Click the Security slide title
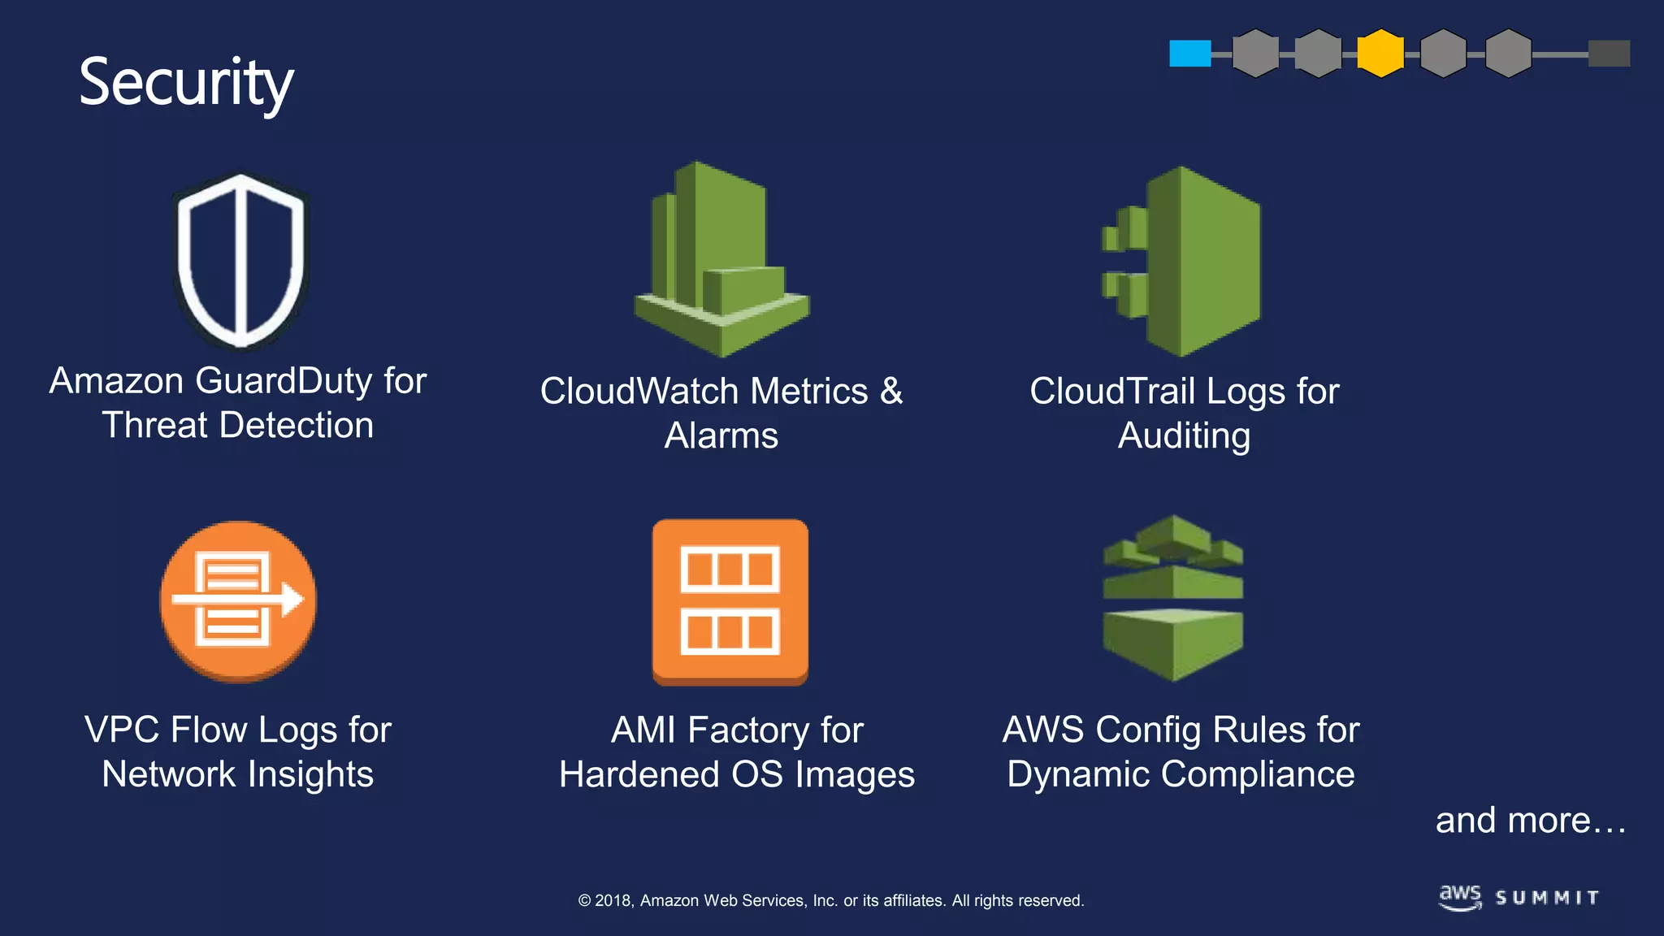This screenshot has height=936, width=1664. (x=186, y=83)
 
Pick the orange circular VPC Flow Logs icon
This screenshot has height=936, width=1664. (x=238, y=601)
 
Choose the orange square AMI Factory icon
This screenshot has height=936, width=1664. (x=730, y=601)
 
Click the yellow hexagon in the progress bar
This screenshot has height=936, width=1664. (x=1380, y=54)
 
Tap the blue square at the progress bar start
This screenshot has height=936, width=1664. (x=1189, y=54)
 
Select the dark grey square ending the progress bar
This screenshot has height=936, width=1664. (x=1609, y=54)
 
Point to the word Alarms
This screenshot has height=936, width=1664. (x=721, y=436)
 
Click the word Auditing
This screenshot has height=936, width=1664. (x=1184, y=436)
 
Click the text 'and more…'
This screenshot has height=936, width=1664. (x=1530, y=821)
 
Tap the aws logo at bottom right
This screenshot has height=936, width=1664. (x=1460, y=897)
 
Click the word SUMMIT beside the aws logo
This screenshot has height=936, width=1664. (x=1547, y=898)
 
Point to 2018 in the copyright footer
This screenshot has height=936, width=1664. (x=613, y=900)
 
